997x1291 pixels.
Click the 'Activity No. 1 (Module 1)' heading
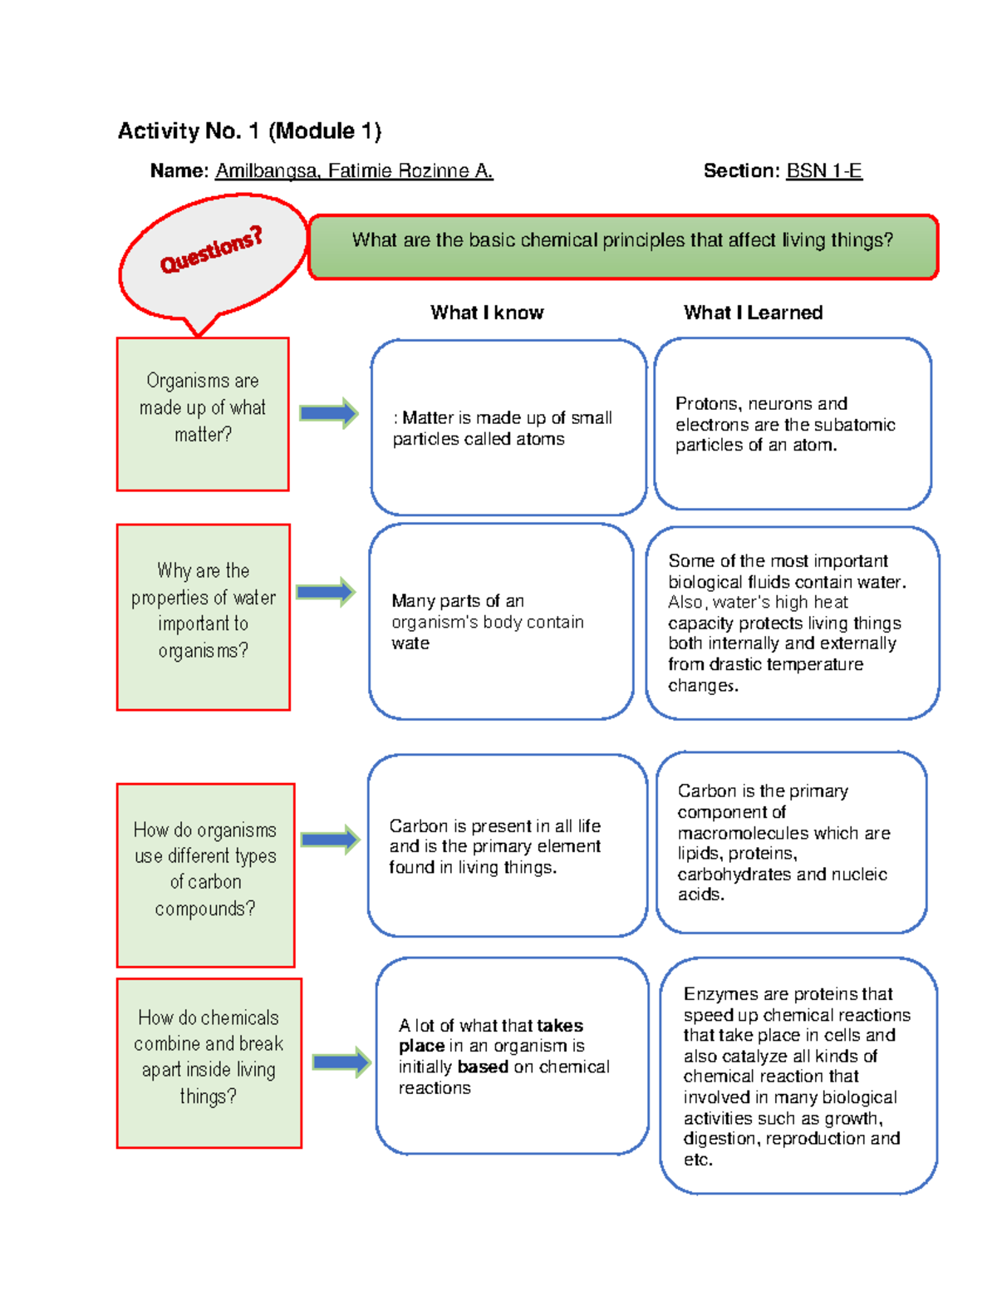click(249, 131)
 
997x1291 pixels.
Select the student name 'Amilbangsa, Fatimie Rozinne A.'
click(354, 171)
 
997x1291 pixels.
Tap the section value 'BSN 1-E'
click(823, 171)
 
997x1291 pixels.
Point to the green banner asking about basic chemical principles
click(623, 247)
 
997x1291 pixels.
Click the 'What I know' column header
click(487, 313)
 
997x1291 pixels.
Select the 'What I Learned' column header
click(753, 313)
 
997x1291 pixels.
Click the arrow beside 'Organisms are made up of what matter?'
click(329, 413)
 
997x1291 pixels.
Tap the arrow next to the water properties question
click(326, 592)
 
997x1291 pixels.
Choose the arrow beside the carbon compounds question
click(331, 840)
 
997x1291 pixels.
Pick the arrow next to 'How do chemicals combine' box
click(342, 1062)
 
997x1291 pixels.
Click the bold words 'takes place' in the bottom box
click(490, 1036)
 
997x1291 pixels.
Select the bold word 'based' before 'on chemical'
click(483, 1067)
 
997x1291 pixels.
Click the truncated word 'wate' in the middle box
click(410, 643)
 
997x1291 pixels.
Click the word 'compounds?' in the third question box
click(205, 909)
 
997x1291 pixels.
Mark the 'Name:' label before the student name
click(179, 171)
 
